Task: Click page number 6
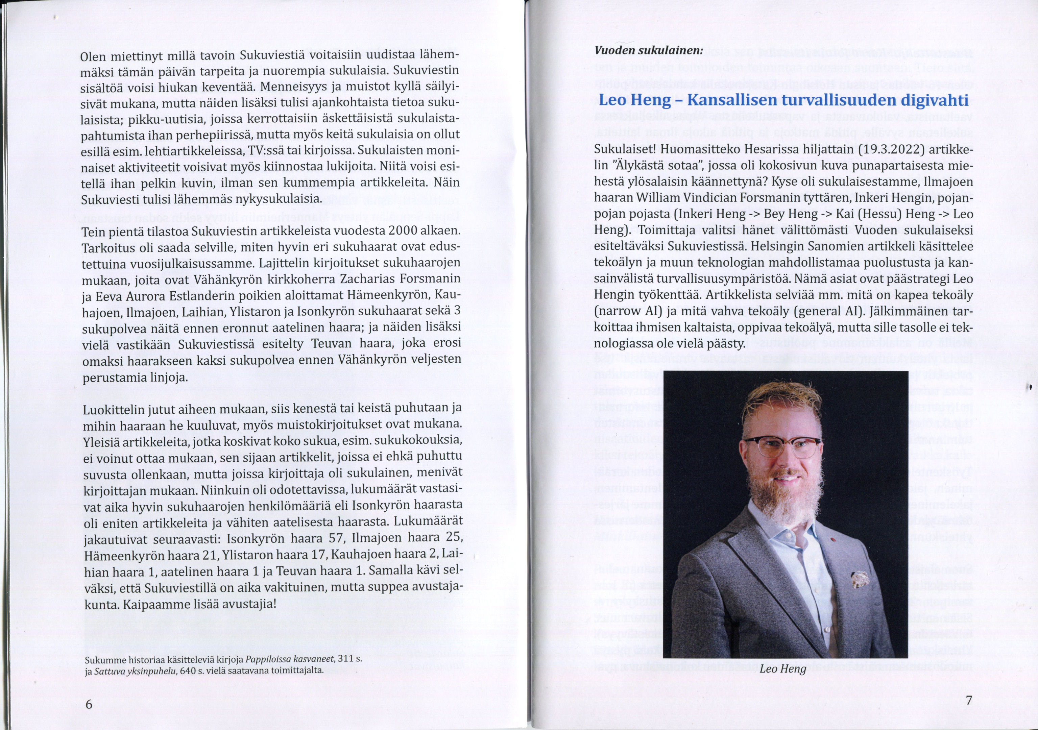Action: (89, 704)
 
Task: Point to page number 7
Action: (968, 701)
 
